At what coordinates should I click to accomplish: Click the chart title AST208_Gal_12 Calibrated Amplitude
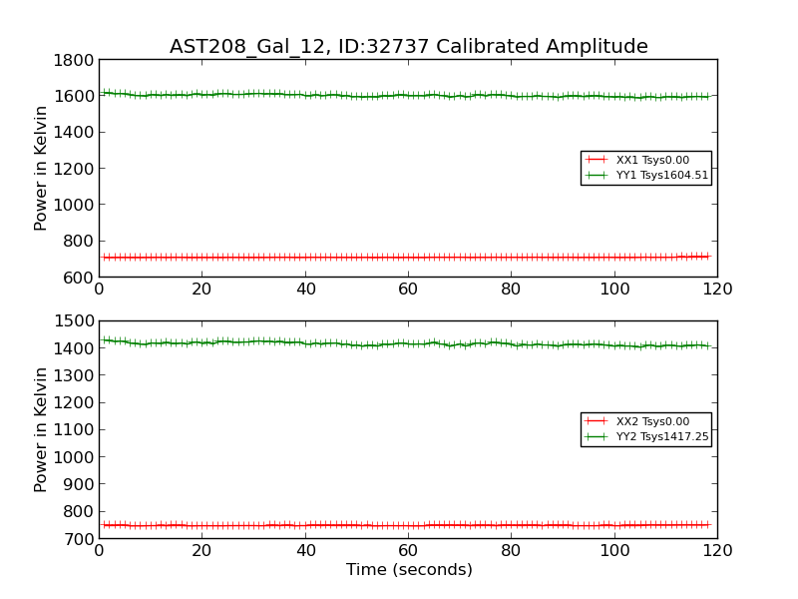408,47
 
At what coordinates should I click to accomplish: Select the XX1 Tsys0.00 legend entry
652,160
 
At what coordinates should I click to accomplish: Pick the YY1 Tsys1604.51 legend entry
662,176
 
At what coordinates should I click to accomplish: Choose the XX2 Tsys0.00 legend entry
652,421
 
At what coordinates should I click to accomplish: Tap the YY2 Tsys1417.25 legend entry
662,437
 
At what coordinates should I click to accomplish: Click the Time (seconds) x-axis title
409,570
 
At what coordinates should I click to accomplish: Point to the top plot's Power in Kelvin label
41,168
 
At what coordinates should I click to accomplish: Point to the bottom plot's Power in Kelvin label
41,429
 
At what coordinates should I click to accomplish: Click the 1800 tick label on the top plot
75,60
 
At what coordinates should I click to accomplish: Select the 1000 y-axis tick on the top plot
75,205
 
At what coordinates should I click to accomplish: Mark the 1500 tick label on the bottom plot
75,321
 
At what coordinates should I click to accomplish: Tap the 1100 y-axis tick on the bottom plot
75,430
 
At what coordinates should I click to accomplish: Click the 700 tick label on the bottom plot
79,539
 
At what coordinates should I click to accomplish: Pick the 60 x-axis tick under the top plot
408,289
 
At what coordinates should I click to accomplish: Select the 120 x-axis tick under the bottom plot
717,550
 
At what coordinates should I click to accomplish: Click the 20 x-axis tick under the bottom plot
201,550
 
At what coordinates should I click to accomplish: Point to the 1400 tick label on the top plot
75,132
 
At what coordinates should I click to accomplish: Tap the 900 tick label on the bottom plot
79,484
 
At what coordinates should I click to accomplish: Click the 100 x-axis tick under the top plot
614,289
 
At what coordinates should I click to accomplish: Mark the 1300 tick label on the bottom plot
75,375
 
